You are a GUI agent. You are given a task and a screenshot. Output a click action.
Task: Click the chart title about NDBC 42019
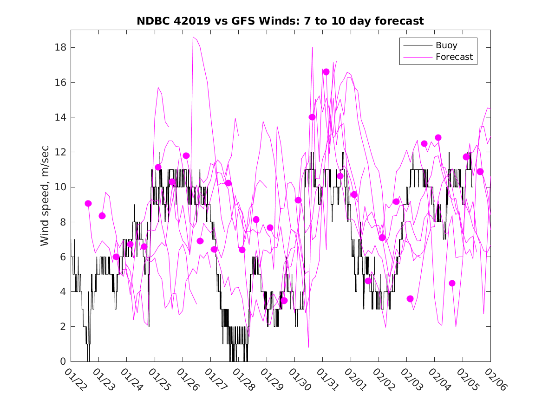pyautogui.click(x=280, y=21)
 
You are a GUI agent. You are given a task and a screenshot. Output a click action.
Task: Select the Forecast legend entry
pyautogui.click(x=454, y=57)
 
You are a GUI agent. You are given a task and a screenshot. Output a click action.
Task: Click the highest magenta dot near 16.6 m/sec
pyautogui.click(x=326, y=72)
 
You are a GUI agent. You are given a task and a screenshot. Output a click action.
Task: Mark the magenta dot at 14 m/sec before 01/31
pyautogui.click(x=312, y=117)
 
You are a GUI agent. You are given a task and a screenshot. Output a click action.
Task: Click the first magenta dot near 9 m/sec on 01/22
pyautogui.click(x=88, y=203)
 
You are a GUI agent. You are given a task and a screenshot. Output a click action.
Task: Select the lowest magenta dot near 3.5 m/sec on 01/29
pyautogui.click(x=284, y=301)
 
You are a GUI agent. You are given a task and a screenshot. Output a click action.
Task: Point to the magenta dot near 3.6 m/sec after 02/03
pyautogui.click(x=410, y=298)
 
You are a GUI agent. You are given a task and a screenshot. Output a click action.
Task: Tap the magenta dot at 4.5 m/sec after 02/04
pyautogui.click(x=452, y=283)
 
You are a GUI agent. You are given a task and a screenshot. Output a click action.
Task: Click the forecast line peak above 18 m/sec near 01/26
pyautogui.click(x=193, y=37)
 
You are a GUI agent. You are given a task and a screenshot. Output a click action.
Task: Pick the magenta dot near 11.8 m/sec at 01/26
pyautogui.click(x=186, y=155)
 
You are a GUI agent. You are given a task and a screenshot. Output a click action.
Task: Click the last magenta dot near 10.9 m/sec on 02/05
pyautogui.click(x=480, y=171)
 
